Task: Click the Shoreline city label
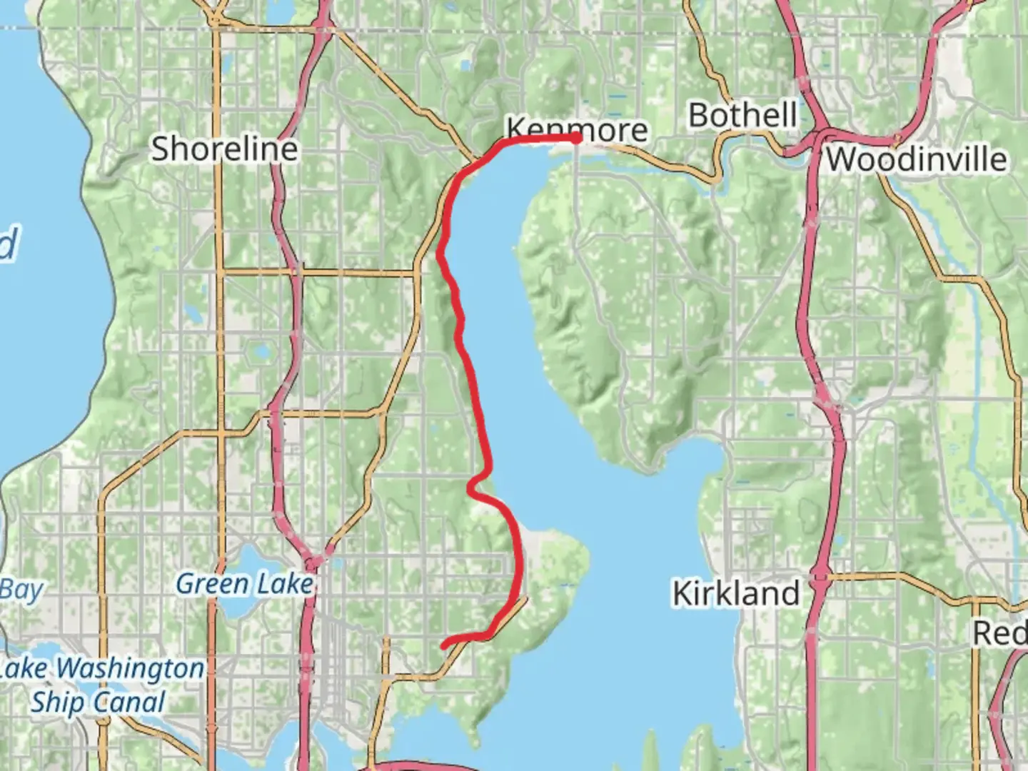pos(224,148)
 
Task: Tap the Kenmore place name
pos(577,130)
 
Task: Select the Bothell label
pos(742,115)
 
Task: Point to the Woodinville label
pos(917,158)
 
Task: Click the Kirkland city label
pos(736,593)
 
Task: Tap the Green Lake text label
pos(244,584)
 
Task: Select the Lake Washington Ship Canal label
pos(100,685)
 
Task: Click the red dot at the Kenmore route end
pos(575,138)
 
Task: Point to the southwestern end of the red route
pos(445,645)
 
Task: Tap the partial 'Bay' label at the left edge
pos(21,590)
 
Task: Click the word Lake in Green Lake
pos(284,584)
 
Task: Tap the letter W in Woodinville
pos(841,158)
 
